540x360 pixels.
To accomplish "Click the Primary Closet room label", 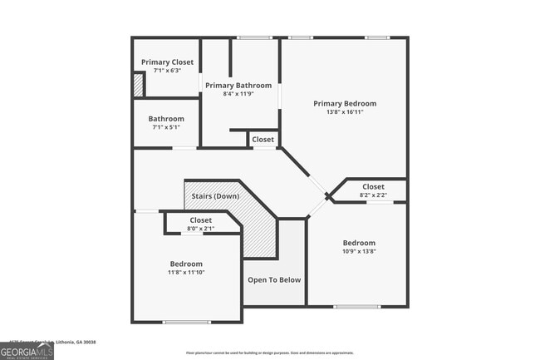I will click(x=167, y=62).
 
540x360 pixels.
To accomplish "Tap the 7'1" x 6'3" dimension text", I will click(x=167, y=71).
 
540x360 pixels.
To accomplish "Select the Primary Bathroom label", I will click(x=238, y=85).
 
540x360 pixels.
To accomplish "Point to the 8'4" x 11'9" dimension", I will click(x=238, y=94).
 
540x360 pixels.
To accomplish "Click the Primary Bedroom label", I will click(x=345, y=103).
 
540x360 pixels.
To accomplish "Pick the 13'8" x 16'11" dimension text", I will click(x=345, y=112).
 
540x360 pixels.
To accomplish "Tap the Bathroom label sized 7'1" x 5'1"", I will click(x=167, y=119).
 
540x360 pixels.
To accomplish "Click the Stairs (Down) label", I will click(x=215, y=196).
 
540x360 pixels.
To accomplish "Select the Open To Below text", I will click(x=274, y=279).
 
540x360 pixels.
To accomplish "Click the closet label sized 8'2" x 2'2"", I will click(x=373, y=187).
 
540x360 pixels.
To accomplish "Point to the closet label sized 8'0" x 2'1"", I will click(x=200, y=220).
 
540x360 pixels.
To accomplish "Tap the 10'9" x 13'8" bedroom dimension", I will click(x=359, y=252).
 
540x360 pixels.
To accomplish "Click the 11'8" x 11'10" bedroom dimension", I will click(x=186, y=273).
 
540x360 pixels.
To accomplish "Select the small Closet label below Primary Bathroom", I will click(x=263, y=139).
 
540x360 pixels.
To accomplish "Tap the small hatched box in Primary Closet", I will click(x=138, y=86).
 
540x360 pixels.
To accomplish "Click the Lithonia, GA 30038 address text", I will click(x=71, y=341).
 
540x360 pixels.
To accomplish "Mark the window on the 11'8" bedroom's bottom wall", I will click(x=187, y=322).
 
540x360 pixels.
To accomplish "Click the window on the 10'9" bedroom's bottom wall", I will click(x=358, y=307).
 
